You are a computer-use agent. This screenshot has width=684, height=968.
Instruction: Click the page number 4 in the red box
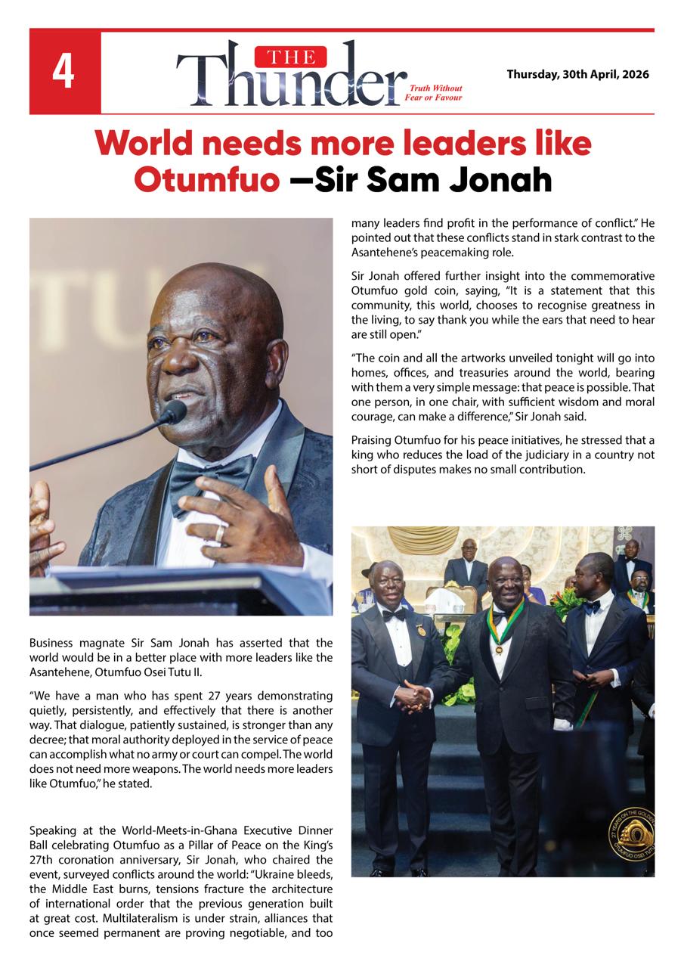(63, 73)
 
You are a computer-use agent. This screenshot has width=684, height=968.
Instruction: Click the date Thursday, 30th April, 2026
(577, 74)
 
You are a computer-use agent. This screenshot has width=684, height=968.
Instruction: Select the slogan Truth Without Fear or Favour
(434, 93)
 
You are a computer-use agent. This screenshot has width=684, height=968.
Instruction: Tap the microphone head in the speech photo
(173, 412)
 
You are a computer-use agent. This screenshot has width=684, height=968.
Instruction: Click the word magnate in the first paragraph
(101, 643)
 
